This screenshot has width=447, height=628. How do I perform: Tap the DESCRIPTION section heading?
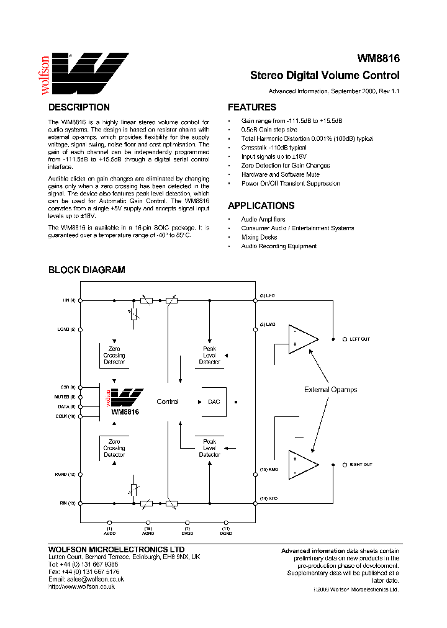click(79, 107)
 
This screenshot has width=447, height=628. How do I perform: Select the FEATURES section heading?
click(252, 107)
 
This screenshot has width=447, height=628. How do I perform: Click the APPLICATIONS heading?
click(261, 206)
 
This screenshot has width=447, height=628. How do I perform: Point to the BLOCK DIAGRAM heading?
click(87, 270)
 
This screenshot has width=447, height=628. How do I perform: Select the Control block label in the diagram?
click(168, 402)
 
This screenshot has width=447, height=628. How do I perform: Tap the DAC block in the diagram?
click(214, 402)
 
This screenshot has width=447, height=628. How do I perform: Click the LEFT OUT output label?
click(359, 339)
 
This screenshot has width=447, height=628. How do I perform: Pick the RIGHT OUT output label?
click(361, 464)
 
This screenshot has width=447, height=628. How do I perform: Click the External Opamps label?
click(330, 390)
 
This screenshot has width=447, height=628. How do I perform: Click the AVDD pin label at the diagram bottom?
click(109, 532)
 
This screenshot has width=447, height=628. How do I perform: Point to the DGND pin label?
click(226, 532)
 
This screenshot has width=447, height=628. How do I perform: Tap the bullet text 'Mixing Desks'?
click(260, 238)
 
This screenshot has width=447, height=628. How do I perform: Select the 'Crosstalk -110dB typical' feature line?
click(274, 148)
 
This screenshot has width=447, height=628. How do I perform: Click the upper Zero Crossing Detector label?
click(114, 356)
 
